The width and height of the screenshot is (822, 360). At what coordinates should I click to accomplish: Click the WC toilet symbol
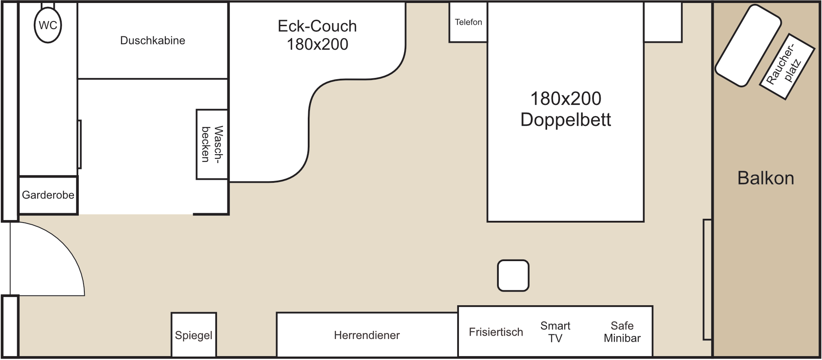[x=48, y=25]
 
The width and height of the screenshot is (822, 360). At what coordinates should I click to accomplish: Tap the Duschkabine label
[x=153, y=41]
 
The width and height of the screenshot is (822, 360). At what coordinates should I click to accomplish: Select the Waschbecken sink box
[x=212, y=144]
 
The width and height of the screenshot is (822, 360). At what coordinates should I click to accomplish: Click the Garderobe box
[x=48, y=195]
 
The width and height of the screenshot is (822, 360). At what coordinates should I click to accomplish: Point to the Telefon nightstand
[x=468, y=22]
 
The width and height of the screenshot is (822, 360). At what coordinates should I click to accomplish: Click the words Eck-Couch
[x=317, y=26]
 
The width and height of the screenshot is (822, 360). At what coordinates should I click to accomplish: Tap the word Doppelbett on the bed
[x=566, y=120]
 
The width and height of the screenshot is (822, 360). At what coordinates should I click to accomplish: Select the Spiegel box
[x=194, y=335]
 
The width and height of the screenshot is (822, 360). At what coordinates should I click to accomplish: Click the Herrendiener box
[x=367, y=335]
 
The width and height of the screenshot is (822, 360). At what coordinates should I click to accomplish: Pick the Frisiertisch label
[x=496, y=332]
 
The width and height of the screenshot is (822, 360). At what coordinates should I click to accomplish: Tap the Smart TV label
[x=555, y=332]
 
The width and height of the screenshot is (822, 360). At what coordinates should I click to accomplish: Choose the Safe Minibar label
[x=622, y=332]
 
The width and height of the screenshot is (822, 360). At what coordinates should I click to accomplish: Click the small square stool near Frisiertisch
[x=513, y=276]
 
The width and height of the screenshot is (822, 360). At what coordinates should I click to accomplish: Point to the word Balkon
[x=765, y=178]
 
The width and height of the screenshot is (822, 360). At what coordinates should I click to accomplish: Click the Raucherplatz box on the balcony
[x=787, y=66]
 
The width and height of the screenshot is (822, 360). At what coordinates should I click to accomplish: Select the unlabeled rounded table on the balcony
[x=748, y=45]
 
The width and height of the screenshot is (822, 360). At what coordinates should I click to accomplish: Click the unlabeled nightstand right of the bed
[x=663, y=22]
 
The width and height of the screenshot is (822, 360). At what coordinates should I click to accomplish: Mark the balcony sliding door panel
[x=707, y=280]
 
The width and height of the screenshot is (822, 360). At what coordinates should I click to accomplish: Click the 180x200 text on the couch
[x=317, y=44]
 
